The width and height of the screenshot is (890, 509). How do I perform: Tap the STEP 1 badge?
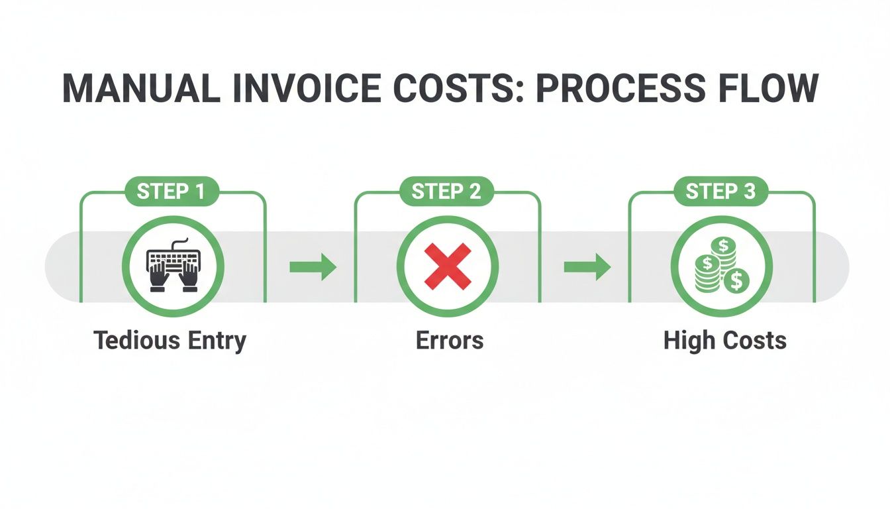tap(172, 192)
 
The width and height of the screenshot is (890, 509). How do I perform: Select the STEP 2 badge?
tap(446, 192)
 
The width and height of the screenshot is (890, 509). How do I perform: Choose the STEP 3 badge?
tap(720, 192)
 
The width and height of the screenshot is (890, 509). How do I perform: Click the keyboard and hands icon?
tap(173, 266)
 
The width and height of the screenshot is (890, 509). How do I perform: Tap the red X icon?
tap(447, 266)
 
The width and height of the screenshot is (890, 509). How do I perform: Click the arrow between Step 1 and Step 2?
tap(313, 267)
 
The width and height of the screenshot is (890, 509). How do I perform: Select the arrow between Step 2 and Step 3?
tap(587, 267)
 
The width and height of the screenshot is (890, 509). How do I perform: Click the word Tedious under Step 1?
tap(136, 341)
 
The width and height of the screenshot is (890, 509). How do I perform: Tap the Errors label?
tap(449, 341)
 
